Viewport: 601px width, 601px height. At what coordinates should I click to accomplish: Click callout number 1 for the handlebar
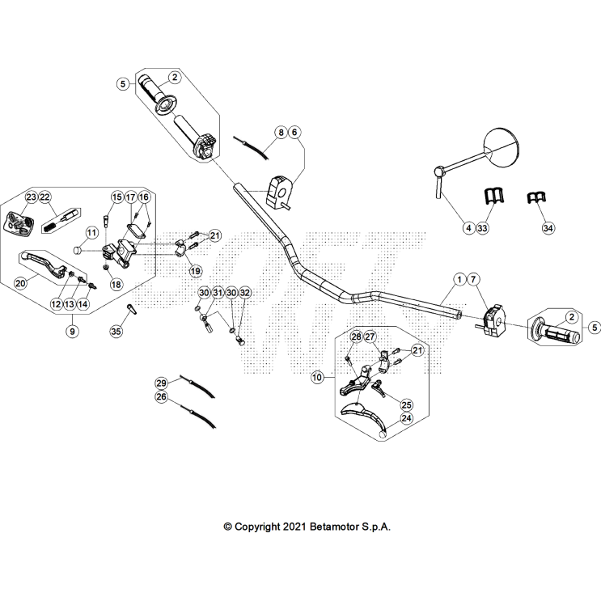pos(459,280)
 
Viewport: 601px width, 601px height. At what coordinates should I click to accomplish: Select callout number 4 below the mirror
pos(468,229)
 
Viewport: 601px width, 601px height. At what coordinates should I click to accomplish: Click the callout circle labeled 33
pos(483,229)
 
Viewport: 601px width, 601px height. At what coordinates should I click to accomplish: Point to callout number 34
pos(548,229)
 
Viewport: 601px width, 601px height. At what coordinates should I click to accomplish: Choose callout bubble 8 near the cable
pos(280,131)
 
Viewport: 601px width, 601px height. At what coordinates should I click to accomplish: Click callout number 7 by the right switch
pos(474,280)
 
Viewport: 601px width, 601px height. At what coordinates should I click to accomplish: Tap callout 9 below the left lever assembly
pos(72,330)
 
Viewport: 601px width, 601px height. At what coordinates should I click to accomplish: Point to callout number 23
pos(31,197)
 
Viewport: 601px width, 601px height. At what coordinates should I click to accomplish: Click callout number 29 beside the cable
pos(161,383)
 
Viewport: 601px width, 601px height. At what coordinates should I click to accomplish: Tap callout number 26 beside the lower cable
pos(161,397)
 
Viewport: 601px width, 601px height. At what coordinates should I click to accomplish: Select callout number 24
pos(406,418)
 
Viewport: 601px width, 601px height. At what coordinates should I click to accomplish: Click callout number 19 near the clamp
pos(195,270)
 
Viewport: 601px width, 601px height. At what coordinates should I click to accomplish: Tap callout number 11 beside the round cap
pos(91,233)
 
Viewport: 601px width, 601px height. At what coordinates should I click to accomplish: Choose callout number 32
pos(245,292)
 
